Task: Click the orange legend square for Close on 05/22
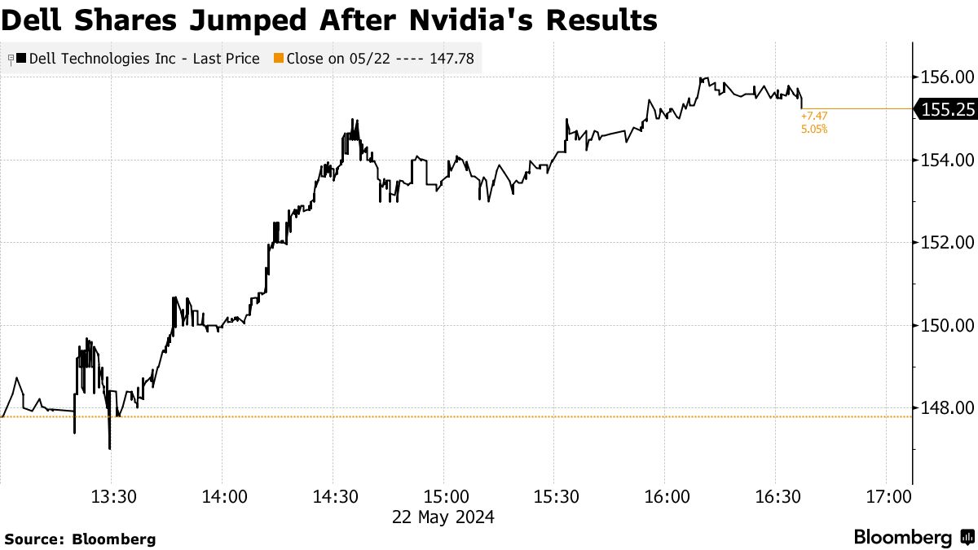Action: pyautogui.click(x=278, y=59)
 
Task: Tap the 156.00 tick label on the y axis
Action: pyautogui.click(x=945, y=77)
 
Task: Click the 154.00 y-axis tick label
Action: pyautogui.click(x=945, y=160)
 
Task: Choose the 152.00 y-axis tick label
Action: pyautogui.click(x=945, y=243)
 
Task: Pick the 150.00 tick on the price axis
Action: pyautogui.click(x=945, y=325)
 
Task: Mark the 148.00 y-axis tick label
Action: pyautogui.click(x=945, y=407)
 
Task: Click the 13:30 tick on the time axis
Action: pyautogui.click(x=112, y=496)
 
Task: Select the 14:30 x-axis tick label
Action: pyautogui.click(x=333, y=496)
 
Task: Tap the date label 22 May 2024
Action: pyautogui.click(x=443, y=517)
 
